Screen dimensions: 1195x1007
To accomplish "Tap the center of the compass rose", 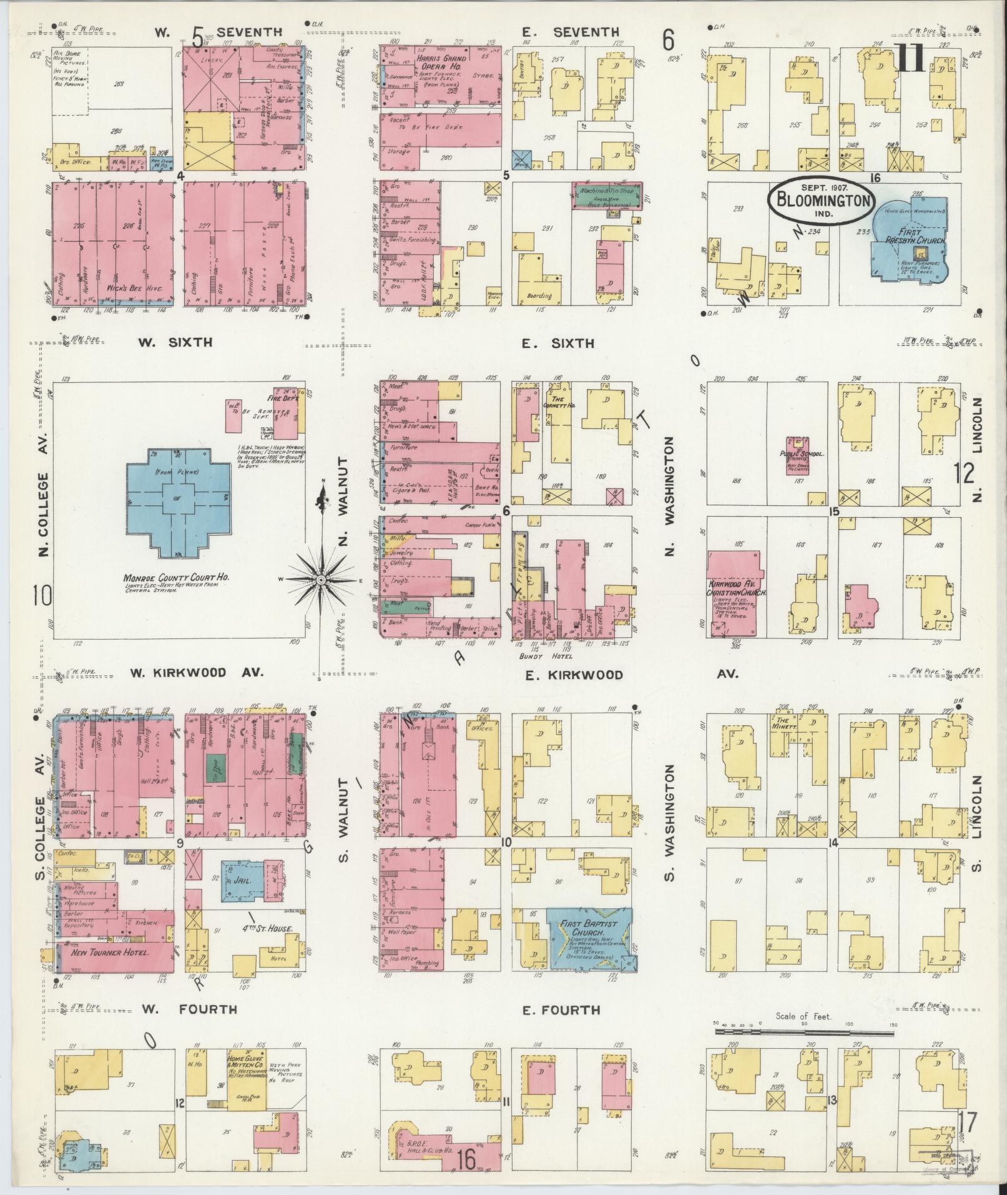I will click(x=320, y=580).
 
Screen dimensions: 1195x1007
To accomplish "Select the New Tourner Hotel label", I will click(x=109, y=970).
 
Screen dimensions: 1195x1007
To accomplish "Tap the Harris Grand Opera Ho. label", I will click(x=442, y=62).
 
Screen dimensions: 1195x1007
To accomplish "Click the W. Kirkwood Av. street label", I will click(x=197, y=673).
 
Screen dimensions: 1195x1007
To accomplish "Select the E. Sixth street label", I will click(x=558, y=343).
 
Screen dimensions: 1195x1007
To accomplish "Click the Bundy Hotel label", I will click(x=546, y=657).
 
